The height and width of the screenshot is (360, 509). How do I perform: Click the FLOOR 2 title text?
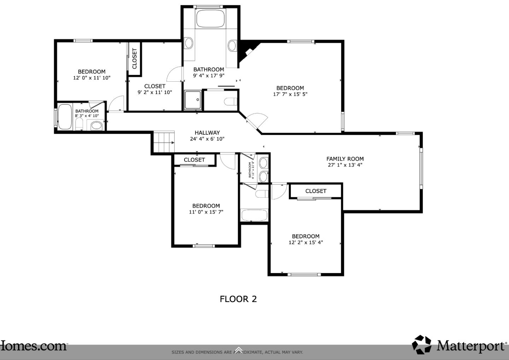238,299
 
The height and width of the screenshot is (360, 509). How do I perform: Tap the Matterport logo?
460,345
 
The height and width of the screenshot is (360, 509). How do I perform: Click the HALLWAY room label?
207,133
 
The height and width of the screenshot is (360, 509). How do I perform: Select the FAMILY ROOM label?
345,159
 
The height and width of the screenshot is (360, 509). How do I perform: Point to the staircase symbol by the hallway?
164,142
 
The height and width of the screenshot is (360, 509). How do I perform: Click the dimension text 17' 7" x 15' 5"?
290,94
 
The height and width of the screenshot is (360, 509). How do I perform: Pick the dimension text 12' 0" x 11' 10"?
92,78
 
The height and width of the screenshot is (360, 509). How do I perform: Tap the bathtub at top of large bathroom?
211,18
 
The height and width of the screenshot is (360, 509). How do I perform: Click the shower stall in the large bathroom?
193,100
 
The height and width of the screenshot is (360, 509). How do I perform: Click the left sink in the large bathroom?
189,43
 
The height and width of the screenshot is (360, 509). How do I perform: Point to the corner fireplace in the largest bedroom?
246,51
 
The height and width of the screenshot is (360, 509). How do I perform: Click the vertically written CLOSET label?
134,58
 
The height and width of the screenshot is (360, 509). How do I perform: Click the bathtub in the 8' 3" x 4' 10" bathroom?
65,117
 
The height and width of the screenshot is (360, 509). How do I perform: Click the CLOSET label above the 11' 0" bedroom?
194,160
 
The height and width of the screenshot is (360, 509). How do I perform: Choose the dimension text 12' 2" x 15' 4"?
305,243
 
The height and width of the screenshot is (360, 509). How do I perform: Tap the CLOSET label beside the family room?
316,191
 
